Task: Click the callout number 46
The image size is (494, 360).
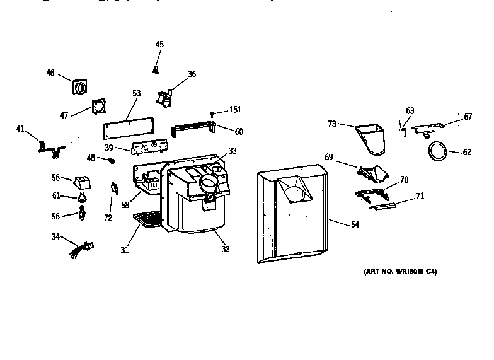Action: (50, 73)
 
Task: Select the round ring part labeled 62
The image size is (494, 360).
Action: (437, 151)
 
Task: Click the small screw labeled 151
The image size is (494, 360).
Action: (212, 114)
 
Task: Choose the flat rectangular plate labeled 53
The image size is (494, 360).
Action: (129, 130)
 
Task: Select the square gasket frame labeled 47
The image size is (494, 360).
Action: (97, 106)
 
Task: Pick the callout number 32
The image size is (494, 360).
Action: (224, 249)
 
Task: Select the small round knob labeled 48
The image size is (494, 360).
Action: (112, 160)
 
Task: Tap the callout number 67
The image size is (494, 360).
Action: (468, 117)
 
